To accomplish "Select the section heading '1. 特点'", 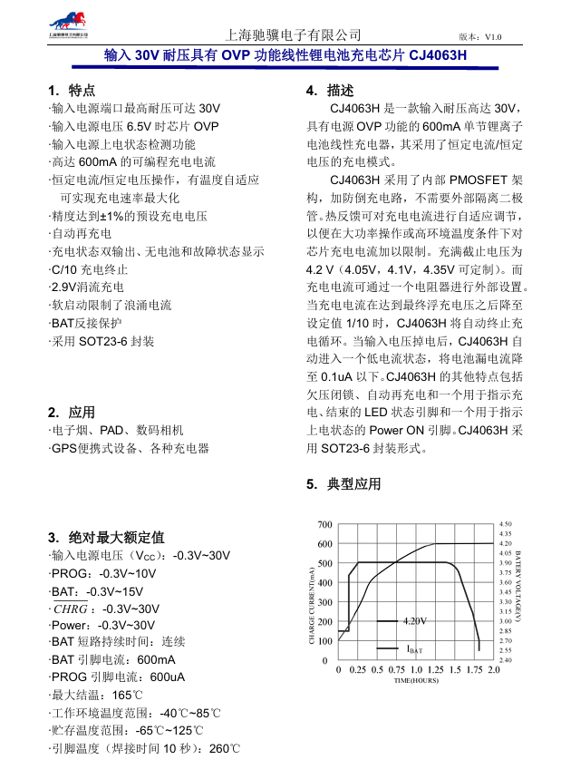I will click(x=72, y=91).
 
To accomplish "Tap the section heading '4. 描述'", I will click(x=330, y=91).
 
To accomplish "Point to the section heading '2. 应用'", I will click(x=72, y=412).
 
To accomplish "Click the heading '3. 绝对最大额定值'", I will click(x=106, y=537).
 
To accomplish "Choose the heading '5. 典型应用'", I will click(x=344, y=484).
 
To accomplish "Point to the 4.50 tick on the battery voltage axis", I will click(x=506, y=524).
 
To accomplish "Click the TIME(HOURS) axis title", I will click(x=416, y=679).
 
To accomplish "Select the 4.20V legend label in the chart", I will click(x=414, y=620).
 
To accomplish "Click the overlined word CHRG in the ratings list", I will click(x=72, y=609).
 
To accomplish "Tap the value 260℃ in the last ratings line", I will click(x=223, y=748).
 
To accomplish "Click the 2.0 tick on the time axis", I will click(x=494, y=670).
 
